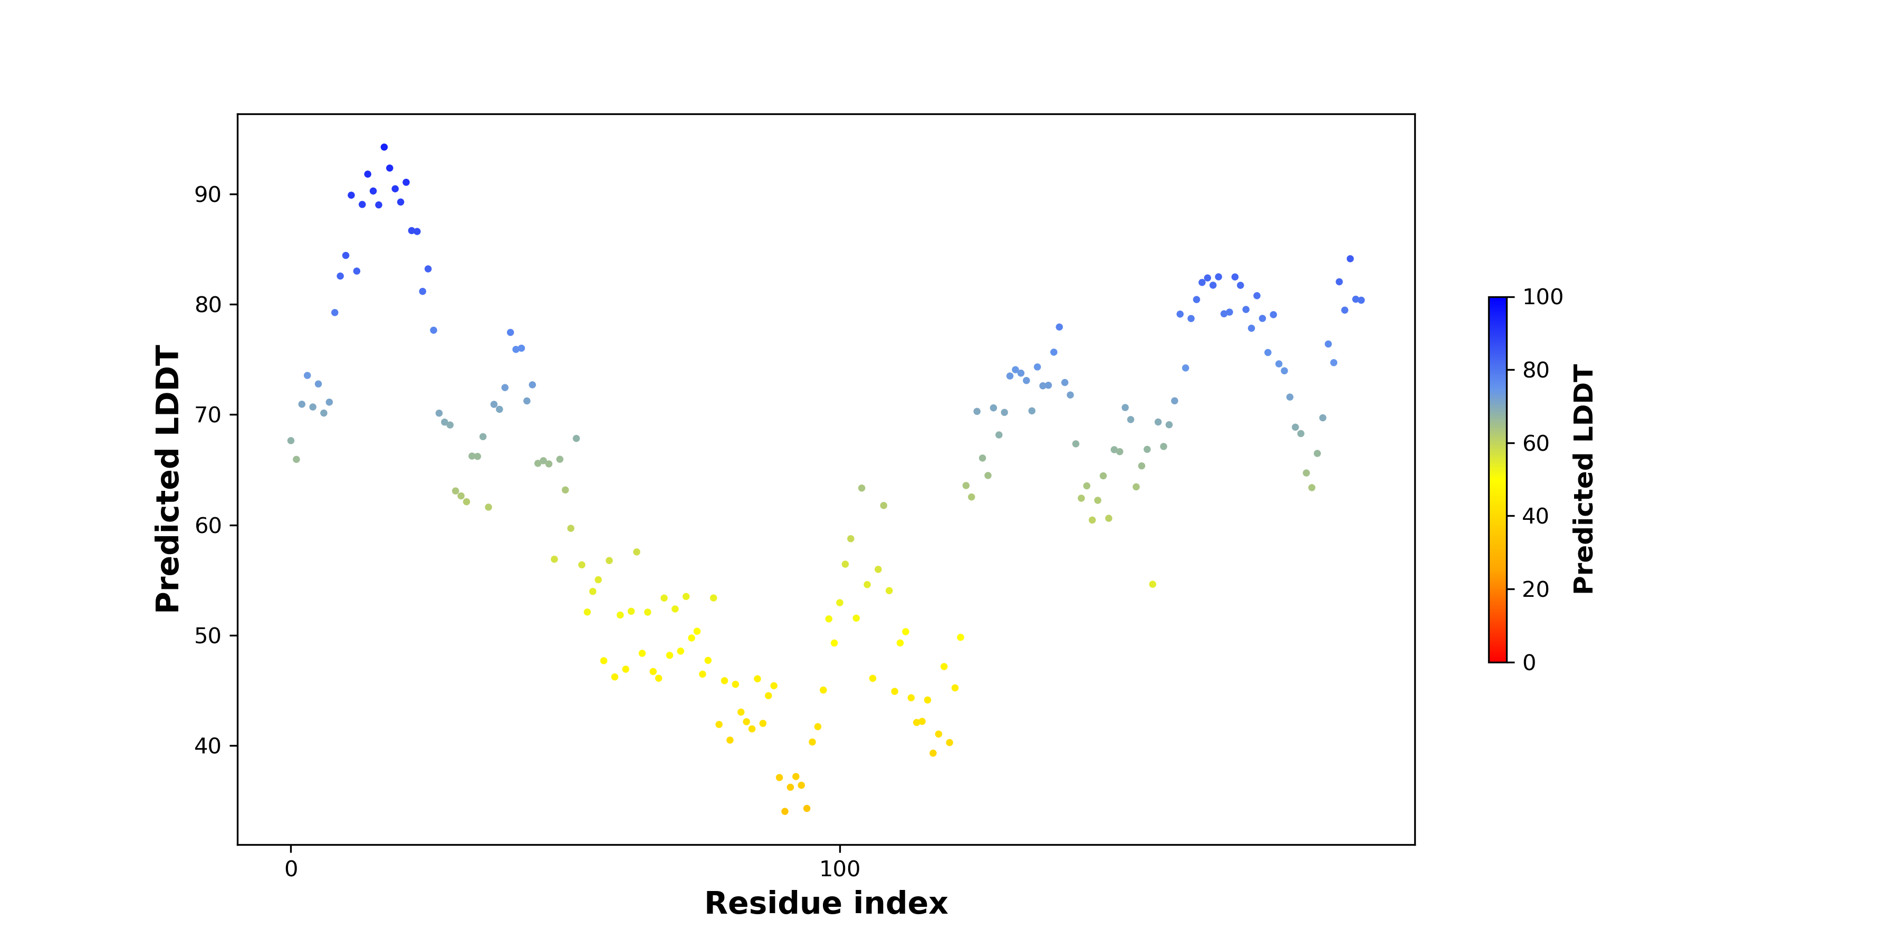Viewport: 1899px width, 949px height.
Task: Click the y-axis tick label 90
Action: coord(208,195)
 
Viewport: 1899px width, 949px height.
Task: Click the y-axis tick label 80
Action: coord(208,304)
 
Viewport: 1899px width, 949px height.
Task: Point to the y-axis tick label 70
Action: coord(208,415)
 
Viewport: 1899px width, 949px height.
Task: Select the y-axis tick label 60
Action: coord(208,525)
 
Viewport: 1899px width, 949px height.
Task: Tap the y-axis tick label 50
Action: coord(208,635)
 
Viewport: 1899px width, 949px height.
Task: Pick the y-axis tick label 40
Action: coord(208,745)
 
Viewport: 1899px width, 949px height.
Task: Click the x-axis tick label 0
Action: coord(291,869)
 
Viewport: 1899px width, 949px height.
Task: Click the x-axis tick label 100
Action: coord(840,869)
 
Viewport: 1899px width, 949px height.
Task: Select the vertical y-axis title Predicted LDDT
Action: coord(168,479)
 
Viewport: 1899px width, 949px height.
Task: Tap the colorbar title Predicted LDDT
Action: coord(1584,479)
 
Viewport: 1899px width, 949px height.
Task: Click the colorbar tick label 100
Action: coord(1543,297)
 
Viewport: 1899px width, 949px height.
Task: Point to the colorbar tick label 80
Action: coord(1536,370)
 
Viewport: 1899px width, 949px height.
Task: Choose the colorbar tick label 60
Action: coord(1536,443)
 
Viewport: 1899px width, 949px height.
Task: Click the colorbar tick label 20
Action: coord(1536,589)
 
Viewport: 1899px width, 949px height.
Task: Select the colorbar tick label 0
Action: coord(1530,662)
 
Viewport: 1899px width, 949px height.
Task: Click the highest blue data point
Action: coord(384,148)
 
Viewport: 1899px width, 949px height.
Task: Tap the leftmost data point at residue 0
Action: coord(291,441)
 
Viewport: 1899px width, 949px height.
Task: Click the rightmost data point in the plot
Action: coord(1361,300)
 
